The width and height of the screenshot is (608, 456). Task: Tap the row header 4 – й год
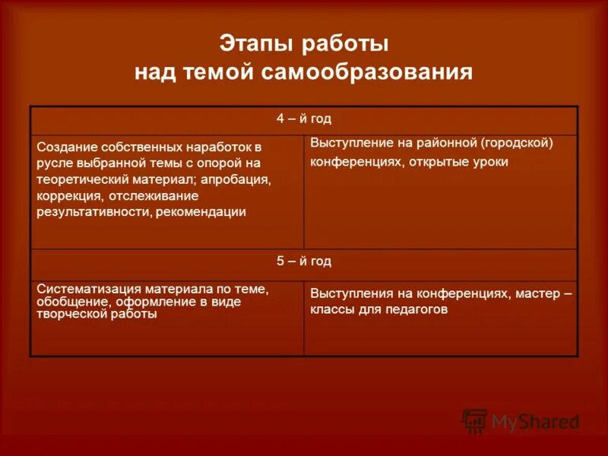coord(303,119)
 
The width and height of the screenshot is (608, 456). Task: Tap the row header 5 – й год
coord(303,261)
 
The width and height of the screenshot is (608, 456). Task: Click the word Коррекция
coord(68,195)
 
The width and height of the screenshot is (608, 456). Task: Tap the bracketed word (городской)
coord(516,142)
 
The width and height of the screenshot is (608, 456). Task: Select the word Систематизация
coord(83,289)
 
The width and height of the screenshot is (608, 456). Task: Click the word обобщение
coord(71,301)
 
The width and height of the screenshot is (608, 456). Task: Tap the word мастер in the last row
coord(537,293)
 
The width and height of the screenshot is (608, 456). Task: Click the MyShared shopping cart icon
coord(474,420)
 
